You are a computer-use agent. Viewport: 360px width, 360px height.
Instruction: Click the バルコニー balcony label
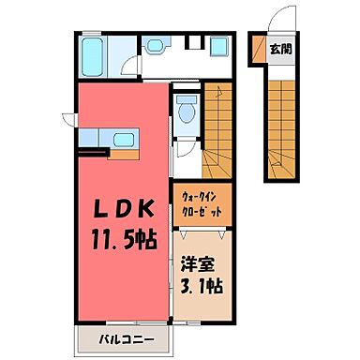coord(122,337)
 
